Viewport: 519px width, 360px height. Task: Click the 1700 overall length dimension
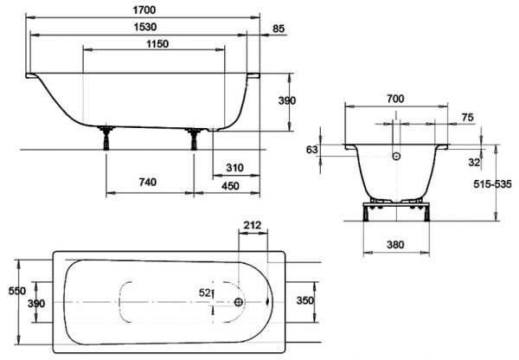[x=144, y=10]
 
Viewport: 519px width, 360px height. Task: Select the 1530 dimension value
[x=145, y=27]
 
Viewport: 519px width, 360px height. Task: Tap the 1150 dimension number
[x=157, y=44]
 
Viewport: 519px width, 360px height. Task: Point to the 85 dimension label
[x=279, y=29]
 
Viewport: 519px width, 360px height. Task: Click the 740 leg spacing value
[x=148, y=182]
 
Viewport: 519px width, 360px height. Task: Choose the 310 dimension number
[x=234, y=168]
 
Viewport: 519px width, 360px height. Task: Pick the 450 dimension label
[x=230, y=186]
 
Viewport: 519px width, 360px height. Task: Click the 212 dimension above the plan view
[x=253, y=225]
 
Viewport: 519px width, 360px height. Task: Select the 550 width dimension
[x=17, y=291]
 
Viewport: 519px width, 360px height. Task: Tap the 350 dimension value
[x=304, y=300]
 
